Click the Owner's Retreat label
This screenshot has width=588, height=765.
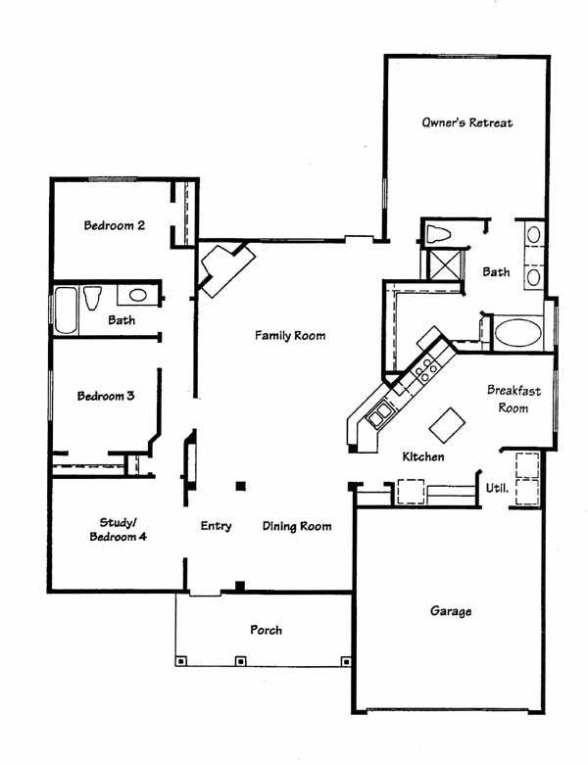click(x=467, y=122)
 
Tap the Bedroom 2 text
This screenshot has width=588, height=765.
click(x=115, y=225)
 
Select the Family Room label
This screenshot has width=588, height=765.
click(x=290, y=336)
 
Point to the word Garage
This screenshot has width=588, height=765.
click(x=451, y=611)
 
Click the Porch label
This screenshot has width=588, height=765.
click(x=266, y=630)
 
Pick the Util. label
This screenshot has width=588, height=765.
click(x=497, y=488)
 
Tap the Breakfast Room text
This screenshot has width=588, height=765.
click(x=514, y=399)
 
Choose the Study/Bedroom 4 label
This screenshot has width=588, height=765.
click(x=118, y=530)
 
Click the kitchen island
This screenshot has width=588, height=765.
click(x=447, y=425)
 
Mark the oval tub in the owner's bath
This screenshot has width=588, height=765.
click(x=517, y=333)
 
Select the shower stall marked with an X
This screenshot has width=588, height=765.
click(x=444, y=265)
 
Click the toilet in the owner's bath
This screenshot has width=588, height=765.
click(x=438, y=234)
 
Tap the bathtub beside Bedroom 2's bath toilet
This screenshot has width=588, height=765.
click(x=66, y=311)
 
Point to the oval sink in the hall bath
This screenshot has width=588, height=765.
click(x=138, y=295)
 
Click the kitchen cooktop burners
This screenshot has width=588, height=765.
click(x=426, y=370)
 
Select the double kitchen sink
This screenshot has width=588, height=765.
click(x=379, y=414)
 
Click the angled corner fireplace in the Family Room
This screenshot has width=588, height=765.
click(x=227, y=268)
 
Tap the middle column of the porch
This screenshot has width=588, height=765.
click(x=240, y=661)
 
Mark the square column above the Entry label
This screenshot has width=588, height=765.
click(x=240, y=486)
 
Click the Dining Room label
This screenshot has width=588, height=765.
click(x=297, y=526)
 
